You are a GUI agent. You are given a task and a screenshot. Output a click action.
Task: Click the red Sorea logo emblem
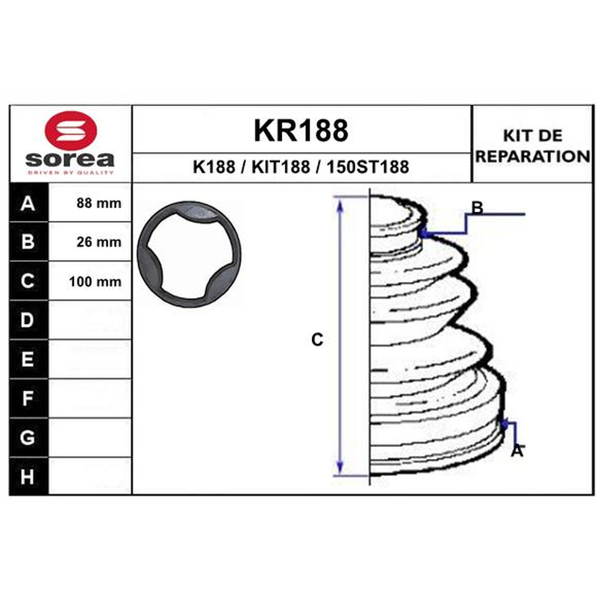pos(71,131)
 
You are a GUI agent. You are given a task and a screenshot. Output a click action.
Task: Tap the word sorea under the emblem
pos(70,160)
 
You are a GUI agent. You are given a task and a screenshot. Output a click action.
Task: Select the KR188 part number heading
pos(301,130)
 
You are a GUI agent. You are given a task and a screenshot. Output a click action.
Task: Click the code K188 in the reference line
pos(214,166)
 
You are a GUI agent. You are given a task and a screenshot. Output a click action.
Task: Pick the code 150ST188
pos(368,166)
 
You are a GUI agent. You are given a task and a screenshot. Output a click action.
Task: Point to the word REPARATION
pos(533,156)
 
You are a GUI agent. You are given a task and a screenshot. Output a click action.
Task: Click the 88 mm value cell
pos(90,203)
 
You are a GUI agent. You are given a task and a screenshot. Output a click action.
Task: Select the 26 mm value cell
pos(90,242)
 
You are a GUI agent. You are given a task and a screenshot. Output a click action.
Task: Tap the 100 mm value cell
pos(90,281)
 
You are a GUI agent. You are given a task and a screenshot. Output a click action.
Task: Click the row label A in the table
pos(28,203)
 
